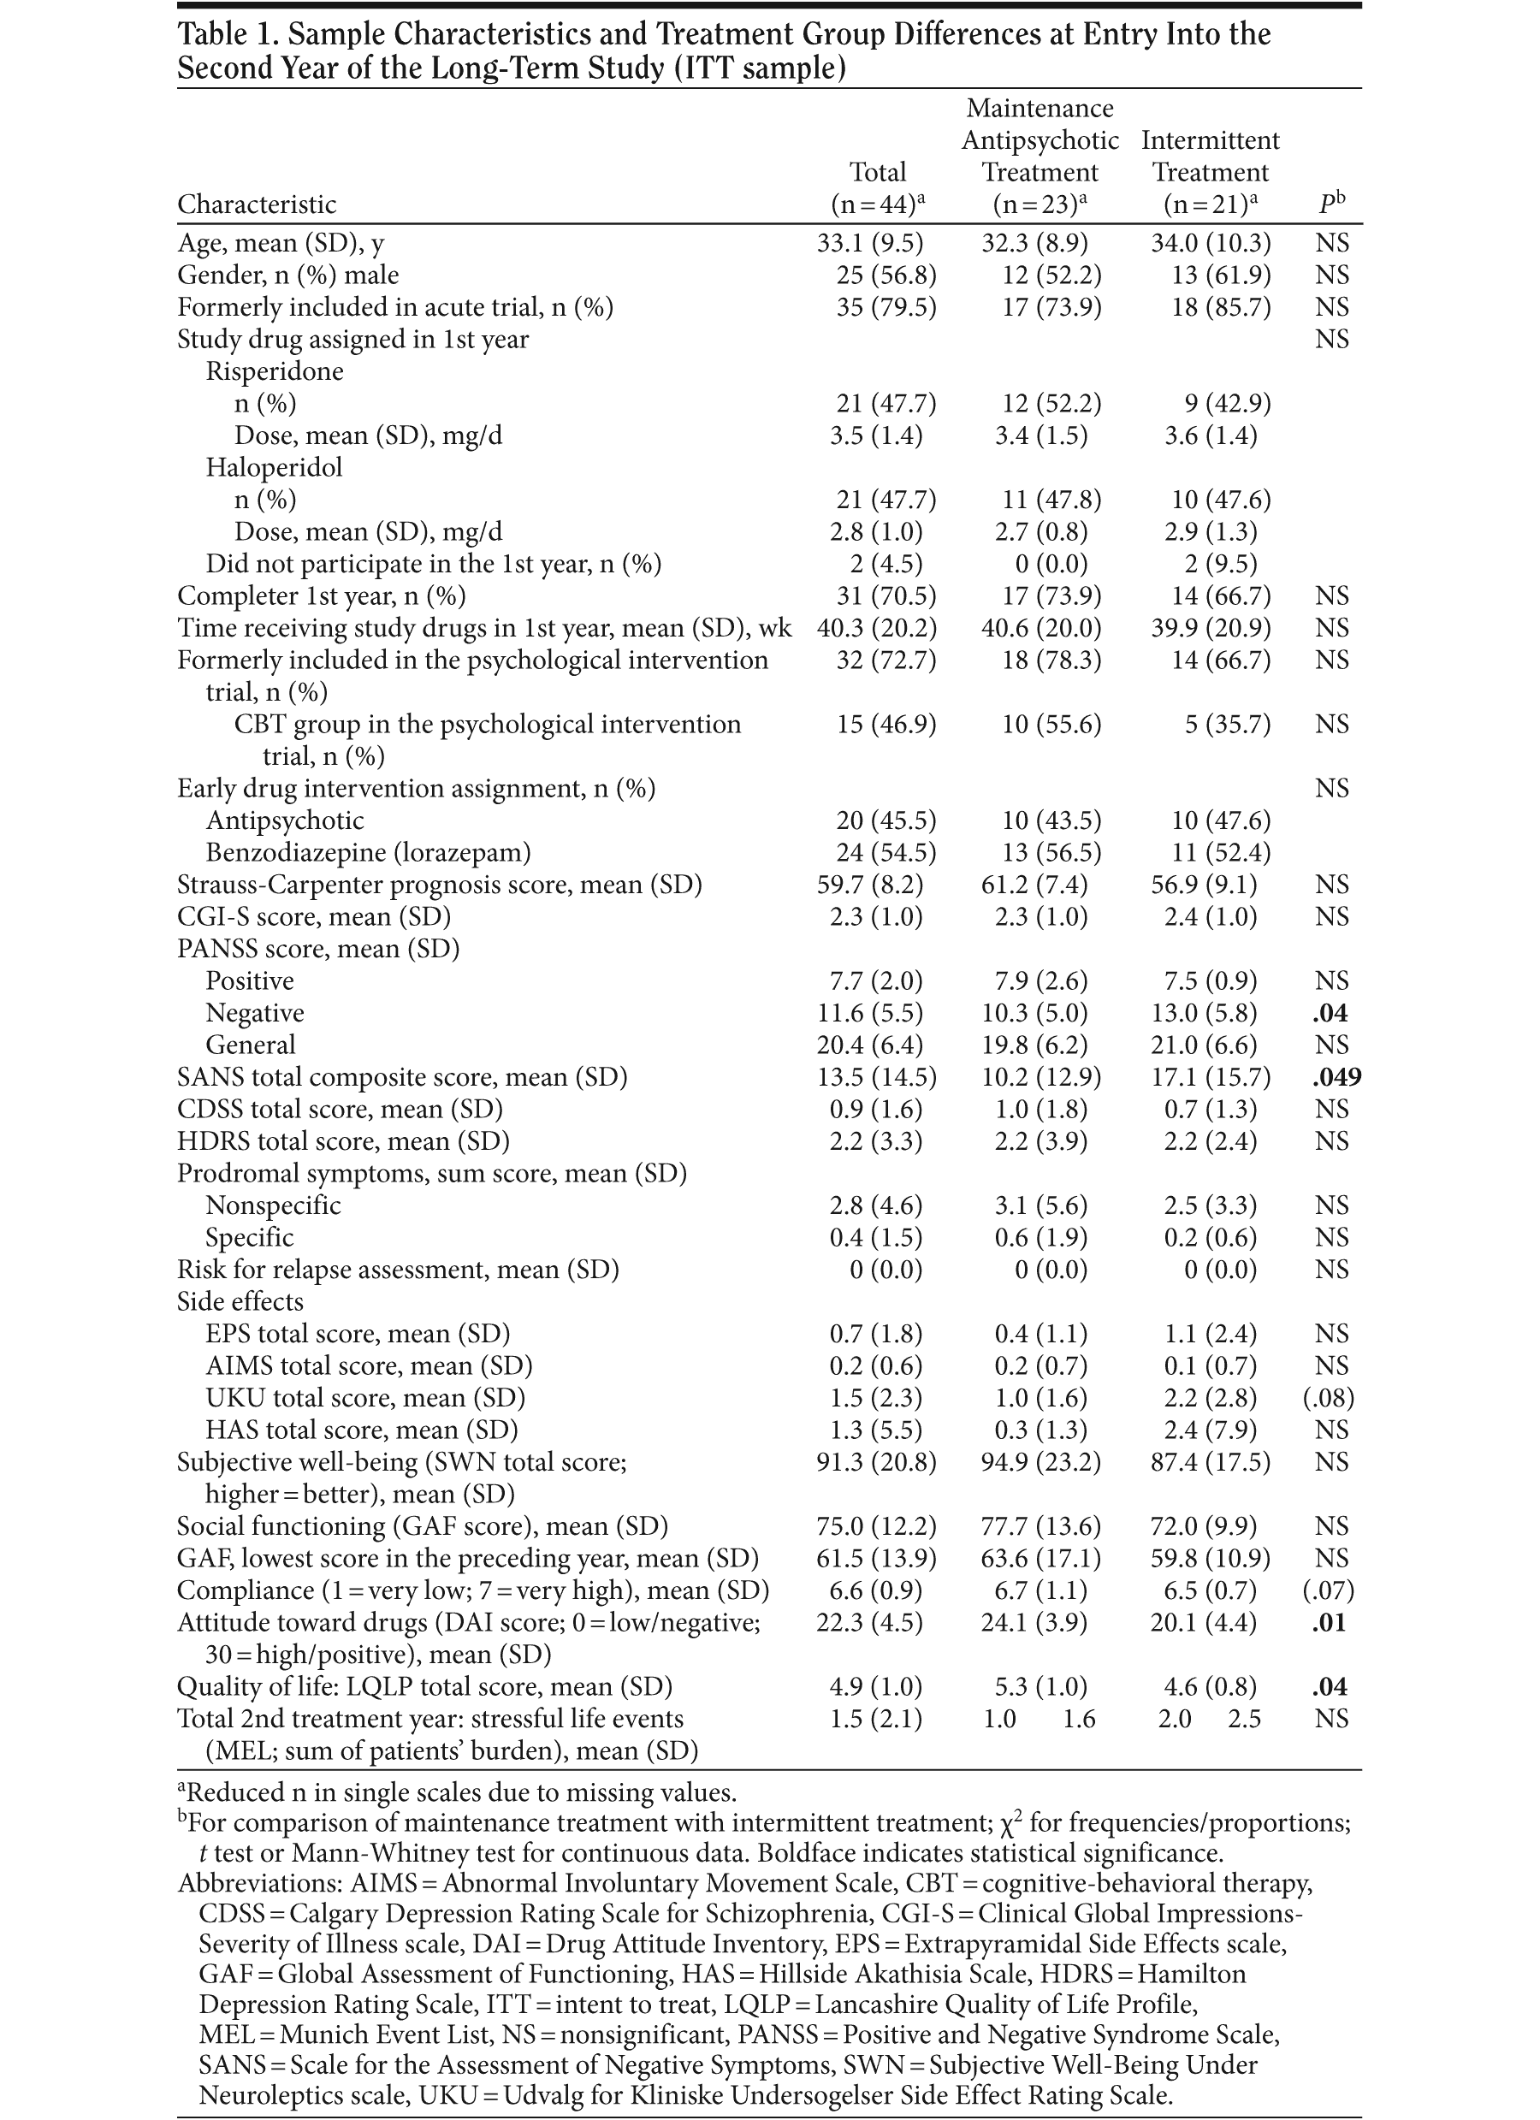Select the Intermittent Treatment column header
pyautogui.click(x=1210, y=171)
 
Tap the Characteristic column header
pyautogui.click(x=258, y=204)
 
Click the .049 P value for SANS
pyautogui.click(x=1336, y=1077)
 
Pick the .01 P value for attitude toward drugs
pyautogui.click(x=1329, y=1622)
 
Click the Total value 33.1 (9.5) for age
pyautogui.click(x=869, y=243)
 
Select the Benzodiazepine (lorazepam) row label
pyautogui.click(x=369, y=852)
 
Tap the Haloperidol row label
pyautogui.click(x=274, y=466)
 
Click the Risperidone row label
pyautogui.click(x=274, y=371)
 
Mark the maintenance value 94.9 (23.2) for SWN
pyautogui.click(x=1040, y=1462)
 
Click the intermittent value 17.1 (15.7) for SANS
pyautogui.click(x=1211, y=1077)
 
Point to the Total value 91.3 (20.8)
pyautogui.click(x=876, y=1462)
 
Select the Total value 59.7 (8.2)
pyautogui.click(x=869, y=885)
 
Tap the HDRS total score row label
pyautogui.click(x=343, y=1141)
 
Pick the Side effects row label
pyautogui.click(x=240, y=1301)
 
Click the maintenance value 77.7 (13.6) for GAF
pyautogui.click(x=1040, y=1525)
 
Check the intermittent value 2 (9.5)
pyautogui.click(x=1220, y=564)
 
